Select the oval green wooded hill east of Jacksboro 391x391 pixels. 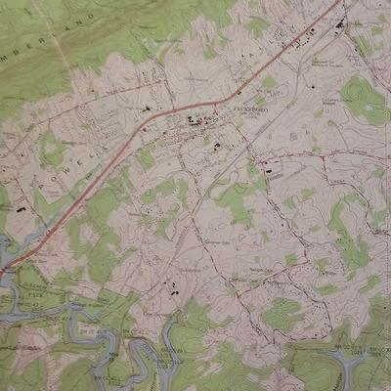pos(363,99)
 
